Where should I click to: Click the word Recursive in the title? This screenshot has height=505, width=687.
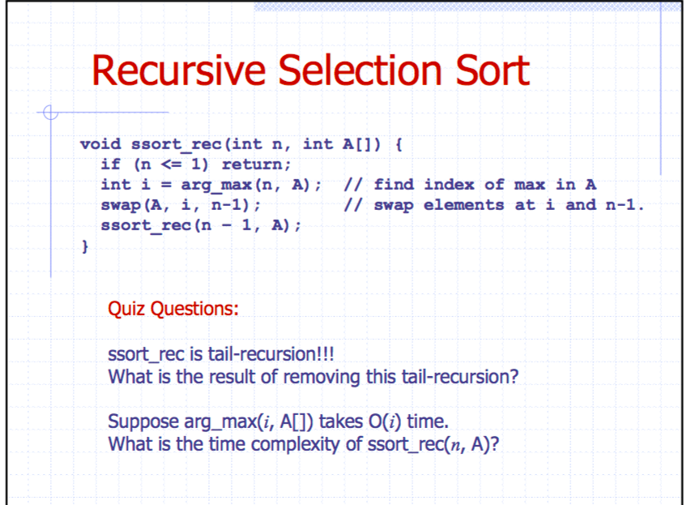pyautogui.click(x=179, y=71)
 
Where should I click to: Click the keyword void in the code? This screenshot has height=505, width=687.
pyautogui.click(x=100, y=143)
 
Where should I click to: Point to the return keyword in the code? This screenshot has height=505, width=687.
pyautogui.click(x=256, y=165)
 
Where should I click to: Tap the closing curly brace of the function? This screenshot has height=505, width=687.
pyautogui.click(x=85, y=246)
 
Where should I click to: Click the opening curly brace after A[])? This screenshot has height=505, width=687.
pyautogui.click(x=399, y=143)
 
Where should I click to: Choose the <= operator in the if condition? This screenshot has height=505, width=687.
pyautogui.click(x=171, y=165)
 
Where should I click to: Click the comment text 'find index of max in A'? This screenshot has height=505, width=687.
pyautogui.click(x=484, y=185)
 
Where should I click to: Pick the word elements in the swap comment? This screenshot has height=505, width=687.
pyautogui.click(x=463, y=205)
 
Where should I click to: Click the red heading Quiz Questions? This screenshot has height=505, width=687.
pyautogui.click(x=173, y=309)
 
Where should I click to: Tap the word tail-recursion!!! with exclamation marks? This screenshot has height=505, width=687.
pyautogui.click(x=271, y=354)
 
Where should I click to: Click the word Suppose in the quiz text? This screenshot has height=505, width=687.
pyautogui.click(x=143, y=422)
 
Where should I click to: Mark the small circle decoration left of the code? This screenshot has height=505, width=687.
pyautogui.click(x=51, y=112)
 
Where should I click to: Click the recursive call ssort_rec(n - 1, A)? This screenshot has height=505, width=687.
pyautogui.click(x=201, y=225)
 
